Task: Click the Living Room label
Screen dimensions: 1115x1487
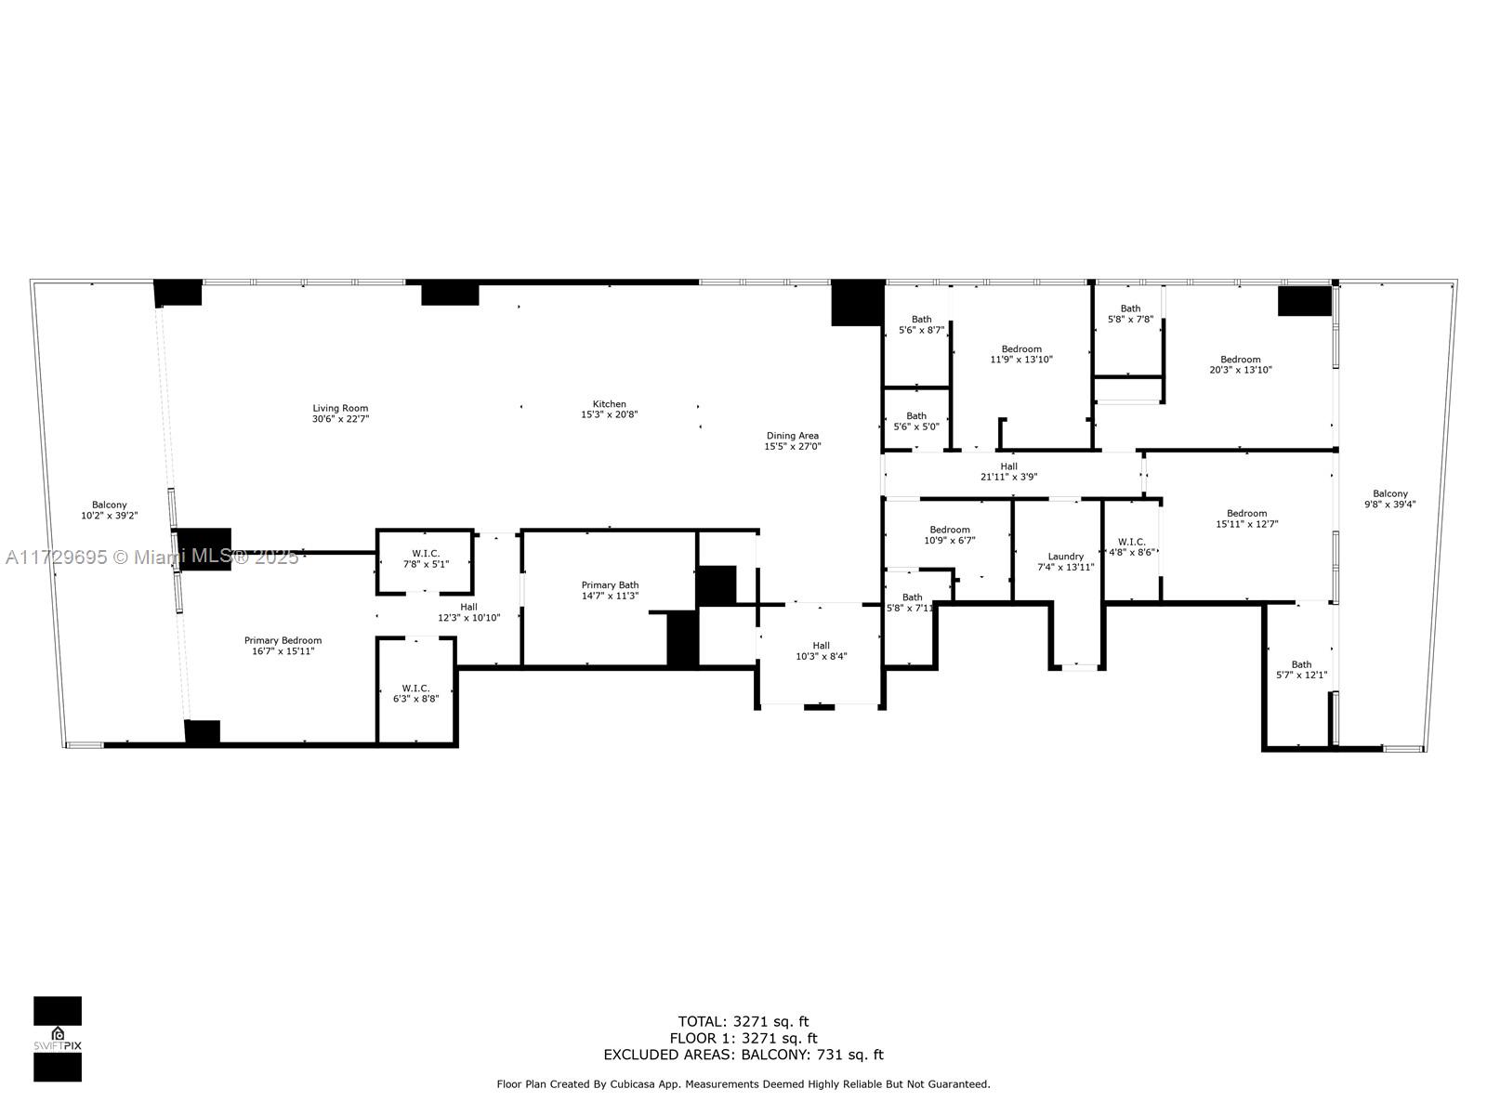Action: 340,408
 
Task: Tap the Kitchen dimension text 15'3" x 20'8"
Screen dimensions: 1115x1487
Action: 609,415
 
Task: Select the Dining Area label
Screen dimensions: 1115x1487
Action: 792,435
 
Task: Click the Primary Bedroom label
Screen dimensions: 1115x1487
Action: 283,640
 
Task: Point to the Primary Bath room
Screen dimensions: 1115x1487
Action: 610,591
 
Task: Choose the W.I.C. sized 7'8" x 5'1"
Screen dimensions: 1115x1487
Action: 425,558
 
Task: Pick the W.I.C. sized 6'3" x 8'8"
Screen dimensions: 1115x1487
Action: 415,693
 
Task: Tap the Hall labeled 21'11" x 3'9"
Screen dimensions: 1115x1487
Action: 1008,472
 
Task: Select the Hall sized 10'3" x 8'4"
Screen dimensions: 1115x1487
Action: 821,650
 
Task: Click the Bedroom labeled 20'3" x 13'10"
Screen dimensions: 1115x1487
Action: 1240,364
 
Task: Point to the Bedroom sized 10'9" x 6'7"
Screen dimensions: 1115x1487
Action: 949,535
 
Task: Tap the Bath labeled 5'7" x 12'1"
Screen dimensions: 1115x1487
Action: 1301,669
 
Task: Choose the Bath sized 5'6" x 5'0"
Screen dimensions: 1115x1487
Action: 915,421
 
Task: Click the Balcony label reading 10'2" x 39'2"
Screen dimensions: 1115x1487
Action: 109,510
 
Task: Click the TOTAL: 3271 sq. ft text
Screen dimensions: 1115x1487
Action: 743,1021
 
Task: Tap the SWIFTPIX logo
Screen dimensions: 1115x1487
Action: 58,1039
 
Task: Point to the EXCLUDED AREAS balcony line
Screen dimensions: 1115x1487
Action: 743,1055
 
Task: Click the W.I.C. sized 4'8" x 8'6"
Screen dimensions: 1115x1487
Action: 1131,546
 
